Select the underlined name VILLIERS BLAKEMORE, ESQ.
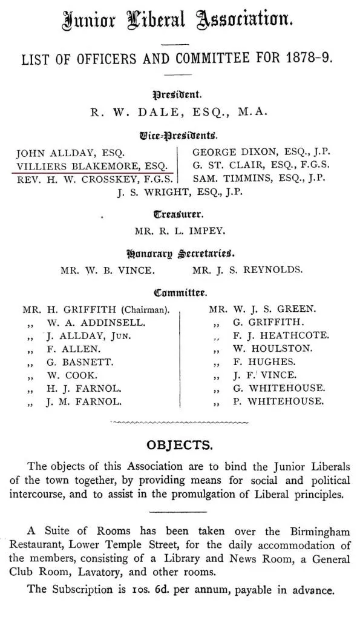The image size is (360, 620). [91, 165]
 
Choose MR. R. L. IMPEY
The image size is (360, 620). [180, 230]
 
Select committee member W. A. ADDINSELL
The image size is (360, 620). [96, 323]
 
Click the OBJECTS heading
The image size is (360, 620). [180, 446]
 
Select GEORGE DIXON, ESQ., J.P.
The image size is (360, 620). [261, 153]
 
